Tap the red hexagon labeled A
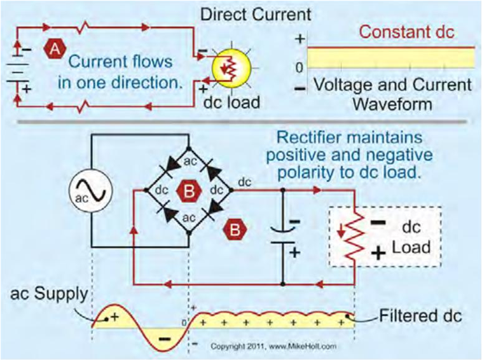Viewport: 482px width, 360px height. click(x=55, y=47)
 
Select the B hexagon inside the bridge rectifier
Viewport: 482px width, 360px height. click(x=189, y=190)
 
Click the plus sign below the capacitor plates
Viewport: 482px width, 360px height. click(x=294, y=252)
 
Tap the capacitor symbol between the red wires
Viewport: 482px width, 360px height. click(x=282, y=234)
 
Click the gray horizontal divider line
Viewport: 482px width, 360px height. click(x=242, y=120)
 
